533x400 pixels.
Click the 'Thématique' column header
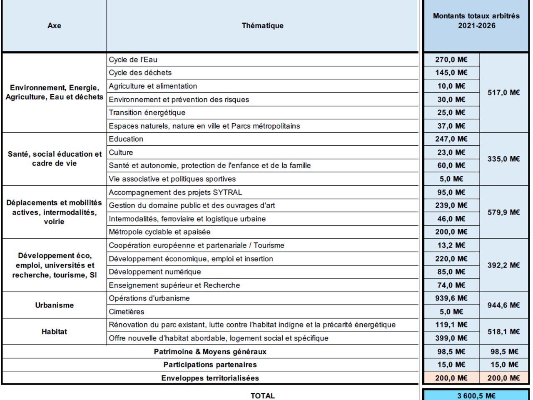pos(262,26)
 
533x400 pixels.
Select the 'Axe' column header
pos(54,26)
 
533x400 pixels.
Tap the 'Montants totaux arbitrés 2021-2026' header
pos(476,21)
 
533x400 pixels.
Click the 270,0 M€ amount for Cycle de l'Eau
pos(451,60)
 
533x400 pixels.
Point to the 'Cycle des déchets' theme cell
pos(140,73)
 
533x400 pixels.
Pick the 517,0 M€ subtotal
pos(504,92)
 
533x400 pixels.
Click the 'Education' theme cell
pos(126,139)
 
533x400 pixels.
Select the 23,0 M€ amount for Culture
pos(451,152)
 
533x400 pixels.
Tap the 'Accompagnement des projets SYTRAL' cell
pos(175,192)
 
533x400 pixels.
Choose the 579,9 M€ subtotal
pos(504,212)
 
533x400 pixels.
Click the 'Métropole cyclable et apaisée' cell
pos(159,232)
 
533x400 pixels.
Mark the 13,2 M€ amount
pos(451,245)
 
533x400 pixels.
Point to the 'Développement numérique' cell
pos(155,272)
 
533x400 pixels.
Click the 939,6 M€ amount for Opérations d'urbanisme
pos(451,298)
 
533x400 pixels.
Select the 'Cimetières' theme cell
pos(127,312)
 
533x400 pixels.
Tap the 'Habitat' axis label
pos(54,332)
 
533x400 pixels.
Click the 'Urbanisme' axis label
pos(54,305)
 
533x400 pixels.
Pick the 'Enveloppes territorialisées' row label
pos(210,378)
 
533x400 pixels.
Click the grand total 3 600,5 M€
pos(476,395)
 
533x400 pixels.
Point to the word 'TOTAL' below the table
pos(262,395)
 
